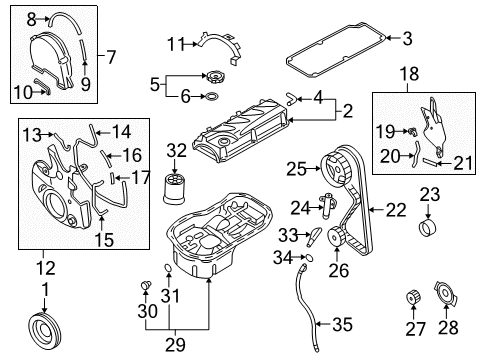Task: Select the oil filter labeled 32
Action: (x=177, y=188)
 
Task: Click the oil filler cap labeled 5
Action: (x=214, y=76)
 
